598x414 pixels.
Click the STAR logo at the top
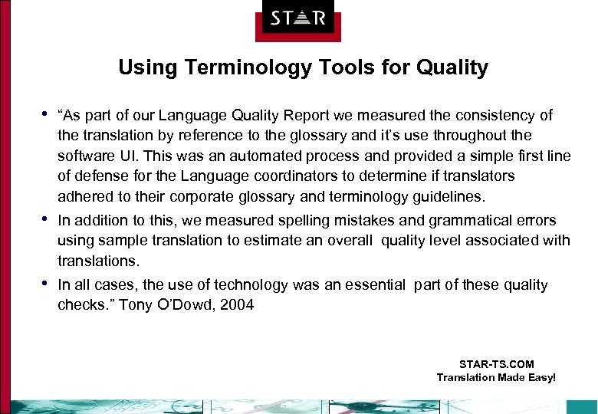[x=297, y=18]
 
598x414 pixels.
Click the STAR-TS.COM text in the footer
[x=496, y=364]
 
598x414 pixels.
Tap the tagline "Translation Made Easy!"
[x=496, y=377]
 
